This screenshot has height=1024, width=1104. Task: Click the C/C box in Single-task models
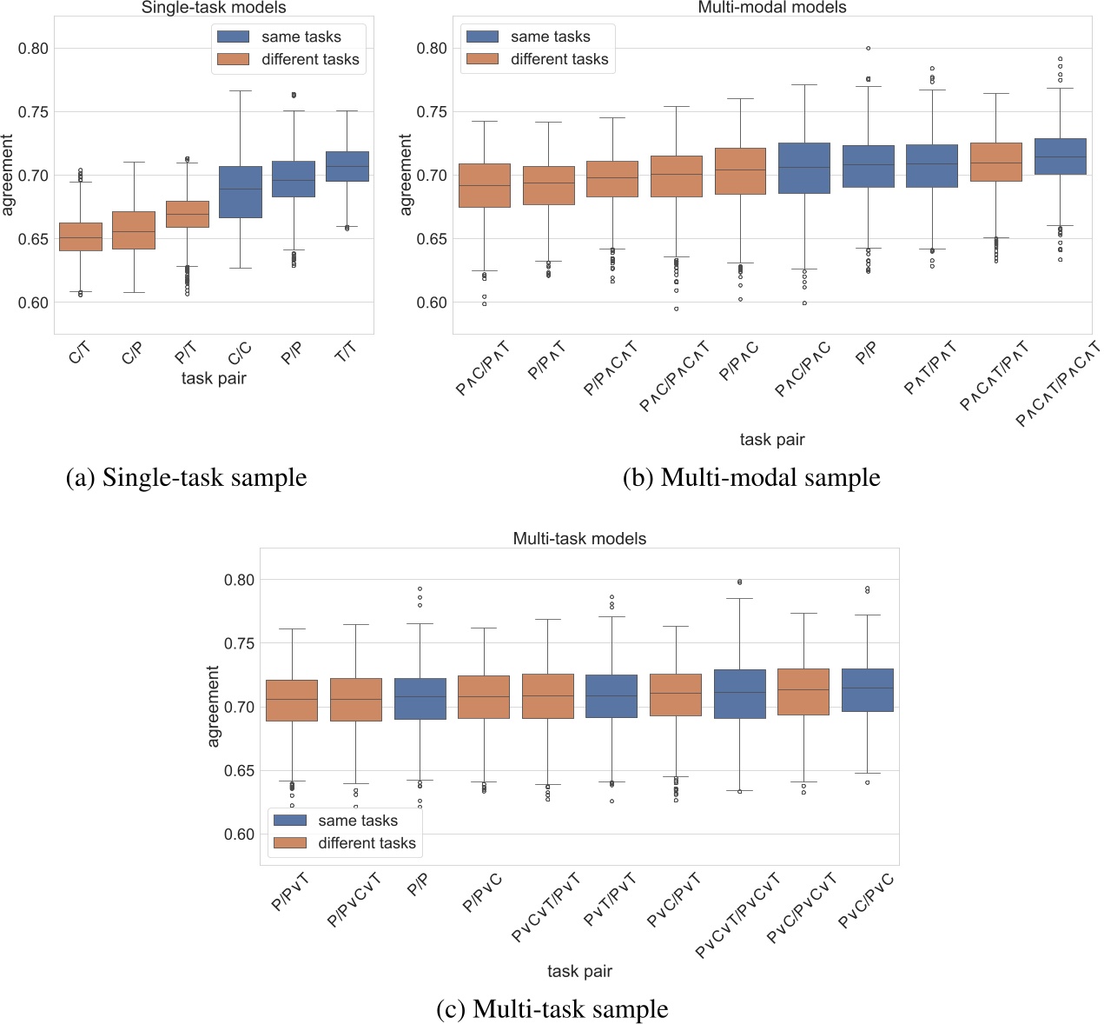click(x=240, y=191)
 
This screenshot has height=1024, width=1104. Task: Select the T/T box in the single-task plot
click(x=347, y=166)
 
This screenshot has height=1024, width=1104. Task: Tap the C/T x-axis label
click(x=79, y=353)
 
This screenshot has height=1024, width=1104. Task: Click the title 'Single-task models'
click(x=214, y=8)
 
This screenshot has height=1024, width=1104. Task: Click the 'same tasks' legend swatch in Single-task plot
click(x=233, y=37)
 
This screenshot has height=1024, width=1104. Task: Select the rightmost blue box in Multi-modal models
click(x=1061, y=156)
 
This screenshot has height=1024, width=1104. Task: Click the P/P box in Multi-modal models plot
click(x=869, y=166)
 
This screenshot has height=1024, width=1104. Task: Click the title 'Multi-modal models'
click(x=771, y=8)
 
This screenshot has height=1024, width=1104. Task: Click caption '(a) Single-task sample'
click(x=187, y=477)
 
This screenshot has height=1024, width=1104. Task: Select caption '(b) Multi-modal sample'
click(x=751, y=477)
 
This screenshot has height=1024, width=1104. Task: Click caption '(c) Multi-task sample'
click(x=552, y=1008)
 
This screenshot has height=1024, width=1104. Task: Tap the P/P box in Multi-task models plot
click(x=420, y=699)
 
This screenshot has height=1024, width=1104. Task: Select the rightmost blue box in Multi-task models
click(x=867, y=690)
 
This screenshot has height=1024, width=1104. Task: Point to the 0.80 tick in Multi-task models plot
click(x=238, y=580)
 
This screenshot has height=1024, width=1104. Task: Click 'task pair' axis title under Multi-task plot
click(x=579, y=971)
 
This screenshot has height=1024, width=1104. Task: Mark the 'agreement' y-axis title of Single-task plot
click(x=9, y=175)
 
